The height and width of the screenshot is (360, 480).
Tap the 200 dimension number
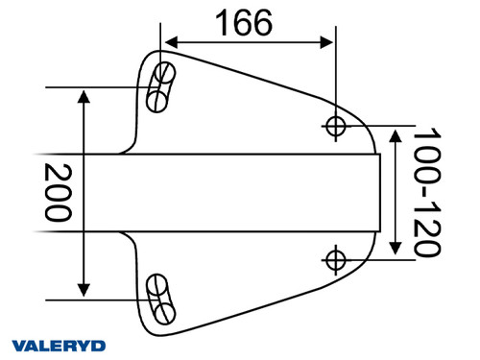[58, 192]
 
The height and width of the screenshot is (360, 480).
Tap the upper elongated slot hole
[159, 86]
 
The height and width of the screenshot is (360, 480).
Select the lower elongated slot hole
[160, 297]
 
